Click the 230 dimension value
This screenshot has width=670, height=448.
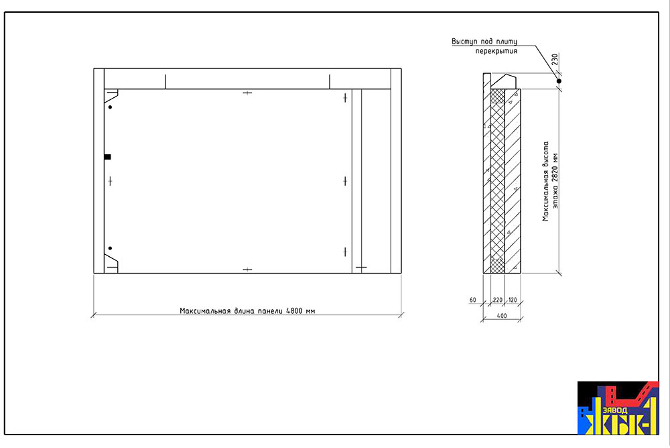pyautogui.click(x=555, y=59)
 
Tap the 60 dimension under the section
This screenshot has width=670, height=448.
pyautogui.click(x=472, y=300)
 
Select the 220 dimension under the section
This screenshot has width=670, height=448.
pyautogui.click(x=497, y=300)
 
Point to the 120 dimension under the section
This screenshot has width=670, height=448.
pyautogui.click(x=513, y=300)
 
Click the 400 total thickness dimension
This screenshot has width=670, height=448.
pyautogui.click(x=502, y=316)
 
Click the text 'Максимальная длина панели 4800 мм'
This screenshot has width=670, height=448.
pyautogui.click(x=247, y=311)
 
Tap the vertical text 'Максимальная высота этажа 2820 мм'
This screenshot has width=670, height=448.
pyautogui.click(x=550, y=182)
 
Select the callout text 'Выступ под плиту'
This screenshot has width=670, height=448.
pyautogui.click(x=484, y=42)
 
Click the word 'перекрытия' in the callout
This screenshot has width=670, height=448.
pyautogui.click(x=496, y=51)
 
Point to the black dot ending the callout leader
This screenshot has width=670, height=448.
pyautogui.click(x=559, y=81)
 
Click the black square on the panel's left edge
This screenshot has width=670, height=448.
pyautogui.click(x=108, y=157)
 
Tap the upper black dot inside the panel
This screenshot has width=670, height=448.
pyautogui.click(x=110, y=107)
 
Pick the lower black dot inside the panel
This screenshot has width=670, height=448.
pyautogui.click(x=110, y=248)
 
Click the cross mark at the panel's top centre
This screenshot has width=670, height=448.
pyautogui.click(x=247, y=93)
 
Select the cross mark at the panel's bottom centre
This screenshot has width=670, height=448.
pyautogui.click(x=247, y=270)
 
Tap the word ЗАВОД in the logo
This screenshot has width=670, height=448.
pyautogui.click(x=615, y=410)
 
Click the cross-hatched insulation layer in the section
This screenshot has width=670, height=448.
pyautogui.click(x=498, y=181)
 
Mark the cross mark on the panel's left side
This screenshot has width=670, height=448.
pyautogui.click(x=111, y=182)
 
